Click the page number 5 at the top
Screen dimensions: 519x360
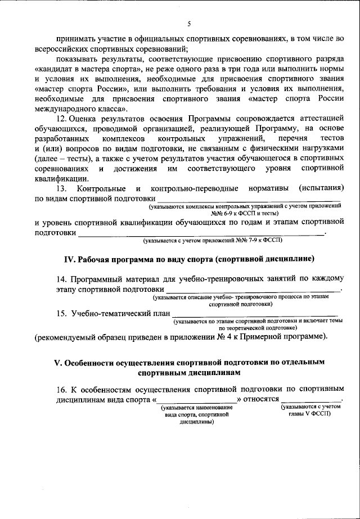click(190, 23)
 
